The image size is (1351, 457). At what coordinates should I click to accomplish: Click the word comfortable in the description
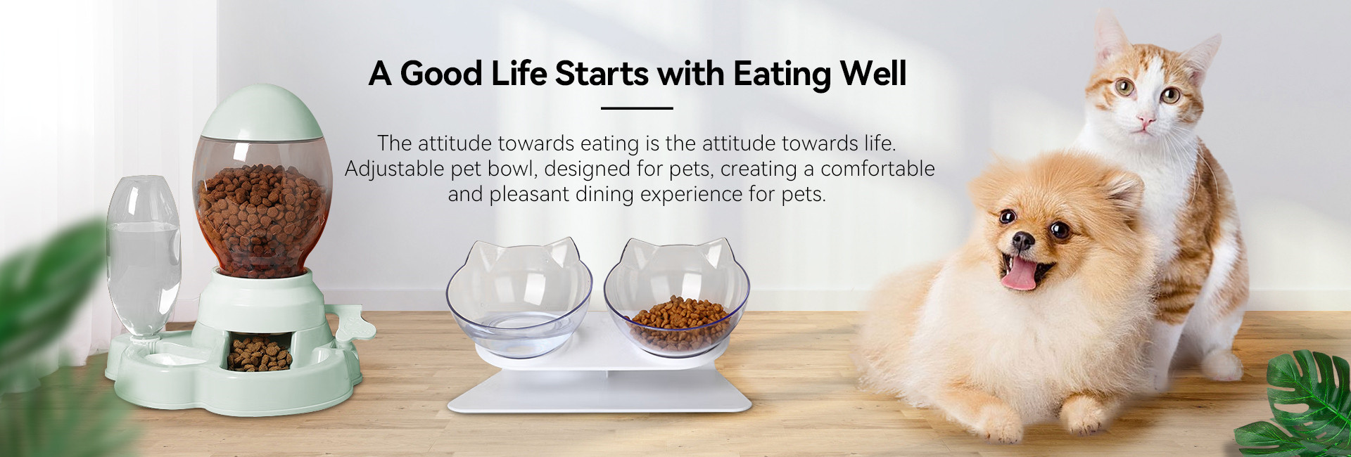pyautogui.click(x=877, y=169)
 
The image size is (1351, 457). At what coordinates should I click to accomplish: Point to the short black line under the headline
pyautogui.click(x=637, y=108)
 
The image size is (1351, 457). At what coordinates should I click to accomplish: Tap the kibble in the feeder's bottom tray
pyautogui.click(x=258, y=354)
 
